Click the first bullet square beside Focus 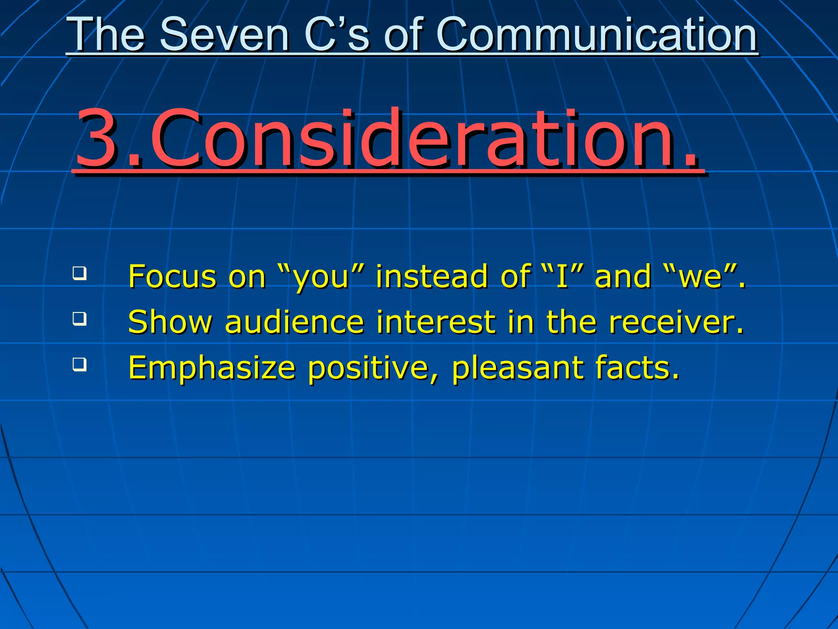coord(80,273)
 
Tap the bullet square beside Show coord(80,319)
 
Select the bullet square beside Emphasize coord(80,364)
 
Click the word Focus coord(172,277)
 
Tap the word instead coord(431,277)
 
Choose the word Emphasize coord(212,368)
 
